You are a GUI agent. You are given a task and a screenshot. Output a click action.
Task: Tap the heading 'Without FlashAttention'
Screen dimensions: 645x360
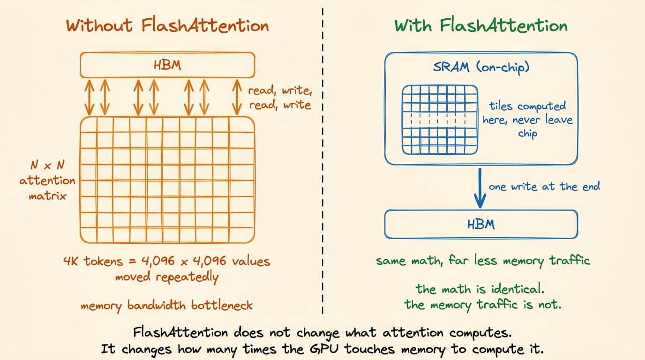pos(167,26)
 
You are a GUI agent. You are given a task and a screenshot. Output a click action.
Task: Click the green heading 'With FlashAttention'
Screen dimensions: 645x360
pos(481,26)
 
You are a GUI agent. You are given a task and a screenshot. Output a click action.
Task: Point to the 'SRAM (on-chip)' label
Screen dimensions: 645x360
pos(481,67)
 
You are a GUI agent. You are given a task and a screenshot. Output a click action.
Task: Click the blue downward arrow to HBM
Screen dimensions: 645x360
pos(480,188)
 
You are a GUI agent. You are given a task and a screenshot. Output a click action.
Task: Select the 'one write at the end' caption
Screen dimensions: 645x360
pos(544,187)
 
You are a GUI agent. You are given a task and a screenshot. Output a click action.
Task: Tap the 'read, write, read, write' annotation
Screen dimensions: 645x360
pos(280,97)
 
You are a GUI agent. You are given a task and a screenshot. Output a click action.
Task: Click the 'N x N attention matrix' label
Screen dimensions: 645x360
pos(47,180)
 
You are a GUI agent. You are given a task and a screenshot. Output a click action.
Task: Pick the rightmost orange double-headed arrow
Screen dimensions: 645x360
pos(237,97)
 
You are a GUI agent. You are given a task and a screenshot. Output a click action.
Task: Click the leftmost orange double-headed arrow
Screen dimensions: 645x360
pos(89,97)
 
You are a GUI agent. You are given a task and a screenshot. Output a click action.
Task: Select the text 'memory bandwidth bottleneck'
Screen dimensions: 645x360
pos(167,306)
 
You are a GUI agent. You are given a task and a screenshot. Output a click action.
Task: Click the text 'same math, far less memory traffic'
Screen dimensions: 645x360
pos(483,261)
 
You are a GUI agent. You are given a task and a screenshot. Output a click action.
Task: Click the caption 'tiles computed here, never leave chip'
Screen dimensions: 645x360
pos(527,120)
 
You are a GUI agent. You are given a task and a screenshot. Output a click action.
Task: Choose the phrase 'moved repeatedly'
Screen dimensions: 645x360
pos(167,277)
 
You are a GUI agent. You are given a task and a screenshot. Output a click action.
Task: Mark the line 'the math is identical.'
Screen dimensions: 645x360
pos(480,289)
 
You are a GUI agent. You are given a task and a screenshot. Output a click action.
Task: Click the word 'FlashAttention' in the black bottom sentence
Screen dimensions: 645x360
pos(180,333)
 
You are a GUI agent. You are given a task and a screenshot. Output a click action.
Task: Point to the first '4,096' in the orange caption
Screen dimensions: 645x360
pos(158,261)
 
